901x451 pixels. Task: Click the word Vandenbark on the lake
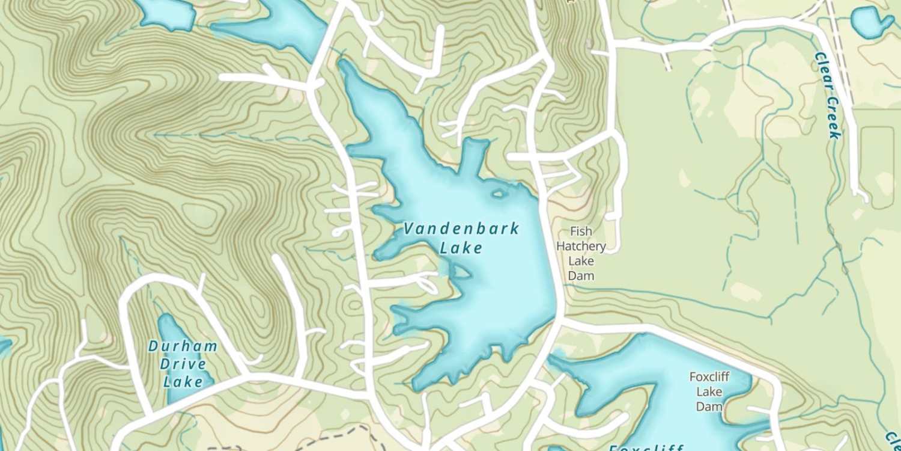pos(461,229)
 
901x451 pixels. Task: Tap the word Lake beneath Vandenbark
pos(461,248)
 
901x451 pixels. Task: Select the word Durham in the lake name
pos(183,346)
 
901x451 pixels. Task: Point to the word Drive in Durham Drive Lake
pos(183,364)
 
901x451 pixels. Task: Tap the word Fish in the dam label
pos(581,232)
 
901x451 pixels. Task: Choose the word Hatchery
pos(581,246)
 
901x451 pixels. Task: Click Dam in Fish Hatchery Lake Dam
pos(581,276)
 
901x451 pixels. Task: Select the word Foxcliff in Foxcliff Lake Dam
pos(709,377)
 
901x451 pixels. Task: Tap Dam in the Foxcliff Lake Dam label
pos(709,407)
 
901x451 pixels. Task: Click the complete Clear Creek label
pos(828,95)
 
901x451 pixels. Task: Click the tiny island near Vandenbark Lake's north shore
pos(498,194)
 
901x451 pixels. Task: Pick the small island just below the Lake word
pos(461,272)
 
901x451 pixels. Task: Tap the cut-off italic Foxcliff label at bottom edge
pos(646,447)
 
